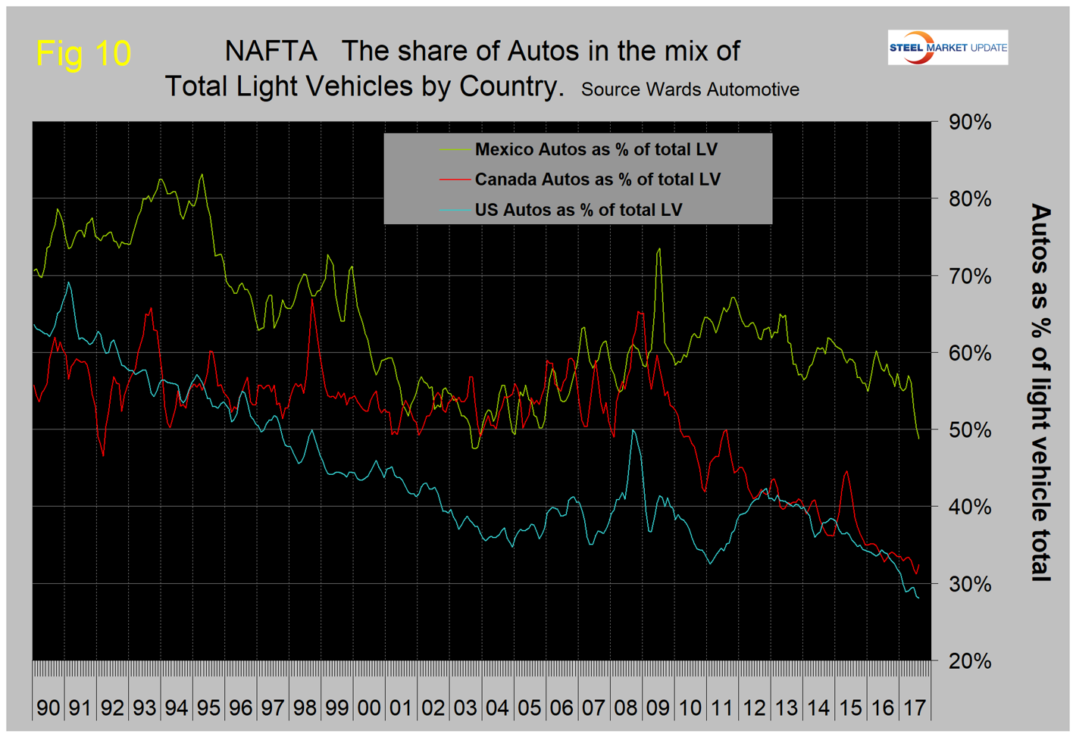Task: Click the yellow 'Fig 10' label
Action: [83, 53]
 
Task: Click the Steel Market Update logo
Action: [947, 47]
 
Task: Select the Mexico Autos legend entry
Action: [596, 149]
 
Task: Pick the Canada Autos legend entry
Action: [597, 180]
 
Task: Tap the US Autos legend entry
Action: [578, 210]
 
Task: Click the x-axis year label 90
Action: [48, 707]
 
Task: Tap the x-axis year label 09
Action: [658, 707]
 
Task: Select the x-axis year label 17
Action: [915, 707]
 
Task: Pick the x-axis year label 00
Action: [369, 707]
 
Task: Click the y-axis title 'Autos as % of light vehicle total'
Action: [1041, 392]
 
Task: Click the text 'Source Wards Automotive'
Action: [690, 89]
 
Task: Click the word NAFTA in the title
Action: [271, 52]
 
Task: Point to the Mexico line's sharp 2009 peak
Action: [659, 249]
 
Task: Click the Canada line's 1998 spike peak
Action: [312, 300]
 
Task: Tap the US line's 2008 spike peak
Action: [633, 430]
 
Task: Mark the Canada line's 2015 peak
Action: [846, 472]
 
